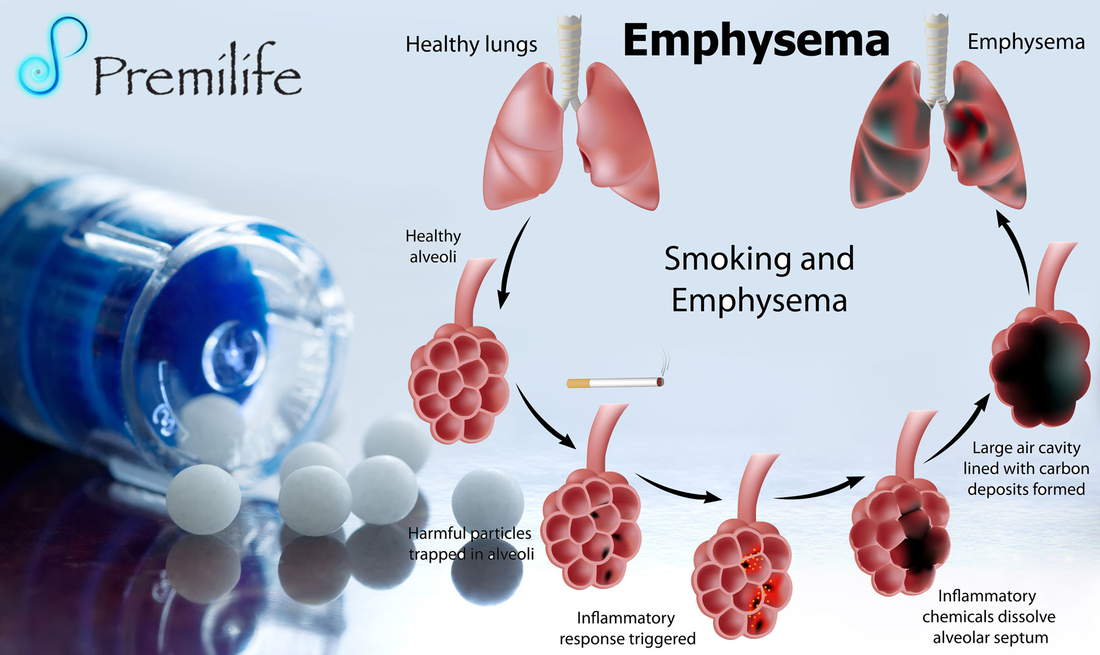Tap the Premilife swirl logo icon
click(x=51, y=56)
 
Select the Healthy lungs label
click(x=471, y=45)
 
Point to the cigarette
click(x=614, y=383)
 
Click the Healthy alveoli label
click(x=433, y=246)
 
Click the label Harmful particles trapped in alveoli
click(x=471, y=543)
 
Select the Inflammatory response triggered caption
click(x=627, y=628)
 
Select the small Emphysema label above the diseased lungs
click(x=1026, y=42)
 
